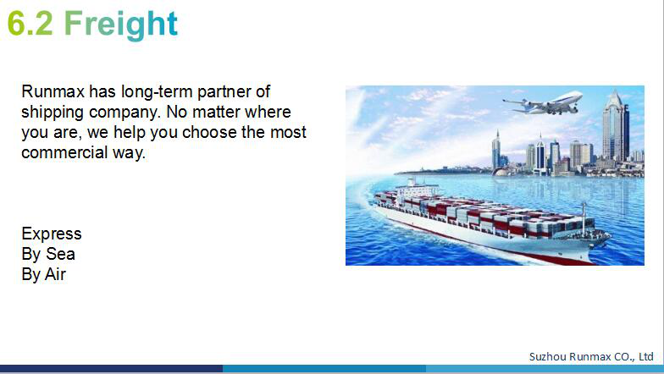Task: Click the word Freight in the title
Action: [121, 24]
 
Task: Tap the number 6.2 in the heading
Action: [30, 24]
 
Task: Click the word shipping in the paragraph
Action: [53, 113]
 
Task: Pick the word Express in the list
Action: [51, 234]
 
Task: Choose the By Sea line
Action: [48, 254]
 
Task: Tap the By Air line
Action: [44, 274]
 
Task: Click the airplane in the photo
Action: [544, 103]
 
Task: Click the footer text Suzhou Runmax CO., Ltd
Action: [591, 357]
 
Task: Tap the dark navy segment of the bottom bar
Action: [112, 369]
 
